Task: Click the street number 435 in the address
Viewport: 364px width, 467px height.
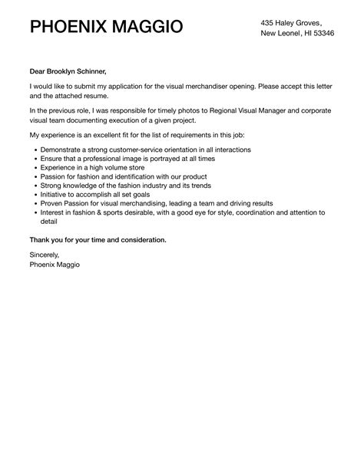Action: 268,22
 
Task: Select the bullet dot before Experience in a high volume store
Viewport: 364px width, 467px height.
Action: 34,165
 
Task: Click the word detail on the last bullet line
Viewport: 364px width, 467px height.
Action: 50,223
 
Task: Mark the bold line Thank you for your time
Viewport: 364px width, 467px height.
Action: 98,240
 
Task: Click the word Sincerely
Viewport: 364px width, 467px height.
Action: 44,254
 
